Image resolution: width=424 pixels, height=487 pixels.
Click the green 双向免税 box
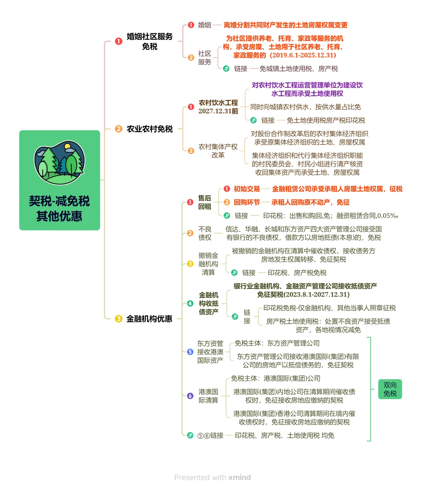390,389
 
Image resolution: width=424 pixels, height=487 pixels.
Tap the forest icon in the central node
60,163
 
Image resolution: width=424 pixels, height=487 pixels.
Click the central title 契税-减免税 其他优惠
59,209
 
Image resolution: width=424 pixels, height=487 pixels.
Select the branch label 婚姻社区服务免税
150,41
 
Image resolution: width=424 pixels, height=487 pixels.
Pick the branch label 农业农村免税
150,129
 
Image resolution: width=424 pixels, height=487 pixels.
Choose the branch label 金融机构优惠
149,319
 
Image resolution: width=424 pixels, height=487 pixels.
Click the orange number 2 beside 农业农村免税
119,129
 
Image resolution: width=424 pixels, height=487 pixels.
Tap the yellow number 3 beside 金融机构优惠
119,319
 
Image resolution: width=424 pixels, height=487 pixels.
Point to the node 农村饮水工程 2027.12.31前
218,107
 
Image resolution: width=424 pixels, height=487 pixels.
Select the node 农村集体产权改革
218,151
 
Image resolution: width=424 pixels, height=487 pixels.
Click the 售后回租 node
205,202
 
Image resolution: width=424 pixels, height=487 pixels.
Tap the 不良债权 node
205,233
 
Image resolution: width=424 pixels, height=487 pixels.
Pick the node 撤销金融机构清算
208,264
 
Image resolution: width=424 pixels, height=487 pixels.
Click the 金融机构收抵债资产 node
208,303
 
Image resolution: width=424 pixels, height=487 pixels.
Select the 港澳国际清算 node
208,396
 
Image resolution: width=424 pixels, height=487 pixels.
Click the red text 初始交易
247,189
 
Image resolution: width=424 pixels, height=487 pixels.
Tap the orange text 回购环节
247,202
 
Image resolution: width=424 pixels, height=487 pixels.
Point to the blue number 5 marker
190,352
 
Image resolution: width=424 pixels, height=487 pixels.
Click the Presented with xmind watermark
212,477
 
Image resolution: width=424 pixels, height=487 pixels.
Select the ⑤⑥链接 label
210,436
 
